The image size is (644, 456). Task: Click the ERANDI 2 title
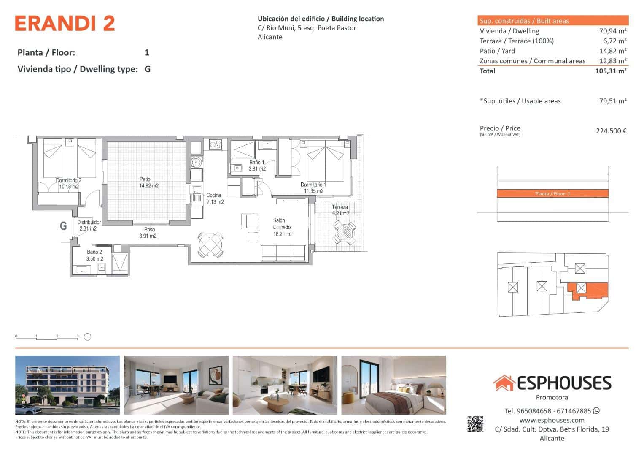click(65, 24)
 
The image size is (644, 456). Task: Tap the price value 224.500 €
click(611, 131)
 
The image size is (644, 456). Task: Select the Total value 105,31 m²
click(610, 71)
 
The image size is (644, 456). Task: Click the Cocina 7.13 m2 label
click(215, 198)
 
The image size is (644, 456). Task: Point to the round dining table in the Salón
click(210, 244)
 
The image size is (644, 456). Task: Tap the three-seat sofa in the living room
click(283, 252)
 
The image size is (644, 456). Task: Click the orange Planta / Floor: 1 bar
click(552, 194)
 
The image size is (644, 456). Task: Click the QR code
click(475, 424)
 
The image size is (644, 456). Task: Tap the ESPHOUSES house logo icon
click(504, 383)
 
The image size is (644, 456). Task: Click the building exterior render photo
click(67, 385)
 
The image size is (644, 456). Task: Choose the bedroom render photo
click(393, 385)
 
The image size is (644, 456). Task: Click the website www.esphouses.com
click(552, 420)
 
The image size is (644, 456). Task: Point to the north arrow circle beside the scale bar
click(88, 337)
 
